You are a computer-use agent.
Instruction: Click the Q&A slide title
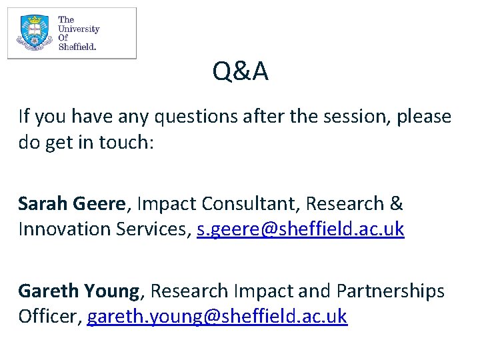click(x=241, y=71)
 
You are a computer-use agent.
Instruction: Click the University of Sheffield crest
click(x=34, y=33)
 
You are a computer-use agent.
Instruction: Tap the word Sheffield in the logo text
click(x=77, y=47)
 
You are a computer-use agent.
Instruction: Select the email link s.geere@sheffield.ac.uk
click(x=301, y=229)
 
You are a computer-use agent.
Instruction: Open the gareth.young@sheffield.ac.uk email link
click(x=217, y=317)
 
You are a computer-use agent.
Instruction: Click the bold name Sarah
click(x=42, y=203)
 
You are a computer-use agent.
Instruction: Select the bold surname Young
click(x=112, y=292)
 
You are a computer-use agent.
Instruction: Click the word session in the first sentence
click(x=353, y=117)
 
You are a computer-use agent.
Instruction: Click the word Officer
click(x=49, y=317)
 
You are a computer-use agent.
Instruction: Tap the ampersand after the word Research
click(x=396, y=203)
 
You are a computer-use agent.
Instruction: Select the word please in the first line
click(x=424, y=117)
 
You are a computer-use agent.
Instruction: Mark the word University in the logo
click(x=79, y=29)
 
